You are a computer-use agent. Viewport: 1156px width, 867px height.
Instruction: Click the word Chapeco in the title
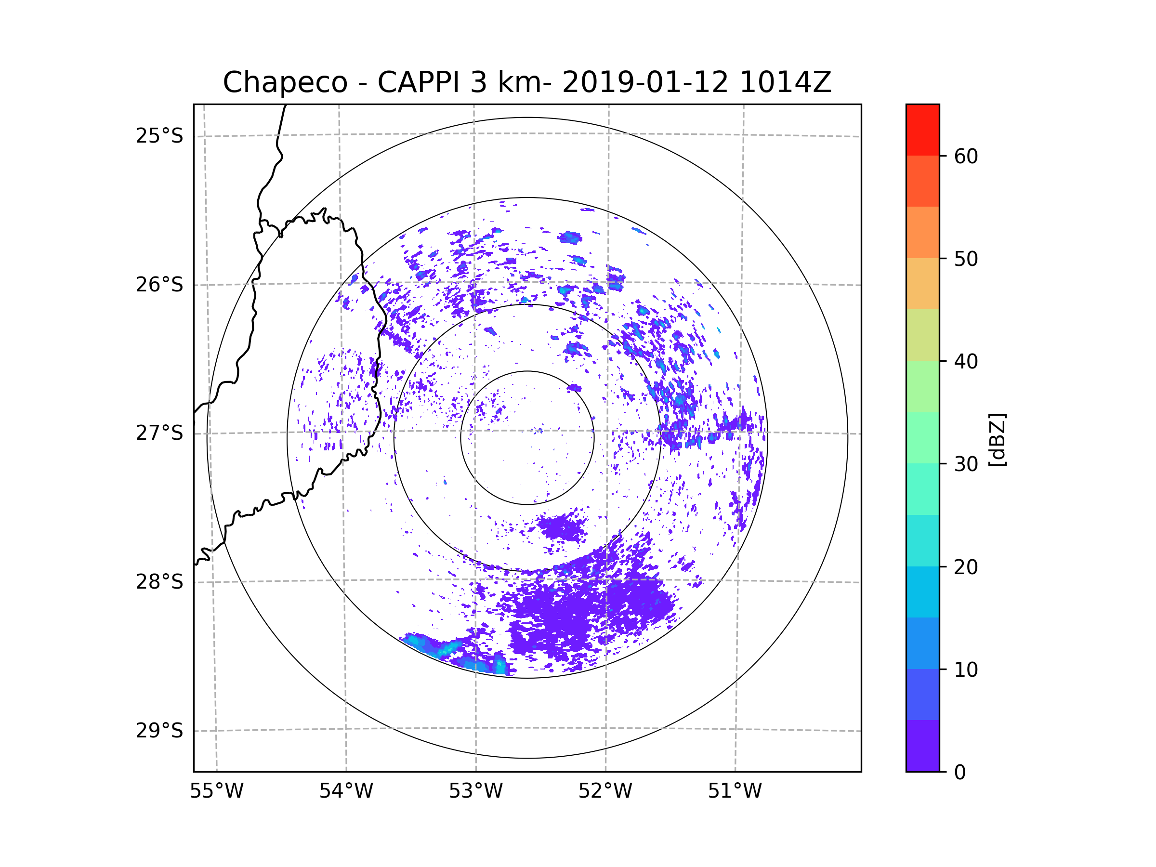click(x=285, y=82)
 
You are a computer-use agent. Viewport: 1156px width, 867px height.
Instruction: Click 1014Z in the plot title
click(x=785, y=82)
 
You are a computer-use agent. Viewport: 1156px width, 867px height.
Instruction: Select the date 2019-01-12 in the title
click(x=645, y=82)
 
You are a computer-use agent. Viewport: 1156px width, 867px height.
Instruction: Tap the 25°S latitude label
click(x=159, y=136)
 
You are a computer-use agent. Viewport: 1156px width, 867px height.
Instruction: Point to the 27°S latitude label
click(x=159, y=433)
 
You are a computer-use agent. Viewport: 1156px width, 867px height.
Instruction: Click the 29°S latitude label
click(x=159, y=730)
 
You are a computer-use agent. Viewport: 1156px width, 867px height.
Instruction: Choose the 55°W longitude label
click(x=216, y=791)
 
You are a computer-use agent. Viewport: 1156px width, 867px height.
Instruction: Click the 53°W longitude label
click(x=475, y=791)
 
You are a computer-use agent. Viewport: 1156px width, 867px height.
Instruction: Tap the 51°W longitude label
click(x=735, y=791)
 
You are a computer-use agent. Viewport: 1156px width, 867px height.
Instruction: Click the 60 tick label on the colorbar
click(x=966, y=156)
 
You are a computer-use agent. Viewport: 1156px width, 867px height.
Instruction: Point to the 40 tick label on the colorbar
click(x=966, y=361)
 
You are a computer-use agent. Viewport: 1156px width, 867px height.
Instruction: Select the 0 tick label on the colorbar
click(x=960, y=772)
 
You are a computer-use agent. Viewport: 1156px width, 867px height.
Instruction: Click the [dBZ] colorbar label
click(x=997, y=439)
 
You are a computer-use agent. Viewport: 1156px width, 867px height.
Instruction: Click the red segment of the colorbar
click(x=922, y=130)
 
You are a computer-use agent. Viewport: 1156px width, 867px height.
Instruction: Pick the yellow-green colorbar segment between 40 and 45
click(x=922, y=335)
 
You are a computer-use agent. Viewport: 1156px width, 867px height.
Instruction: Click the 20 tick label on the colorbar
click(x=966, y=566)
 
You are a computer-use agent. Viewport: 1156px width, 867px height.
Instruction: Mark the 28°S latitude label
click(x=159, y=581)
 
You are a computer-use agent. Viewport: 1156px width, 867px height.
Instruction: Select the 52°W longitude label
click(x=605, y=791)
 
